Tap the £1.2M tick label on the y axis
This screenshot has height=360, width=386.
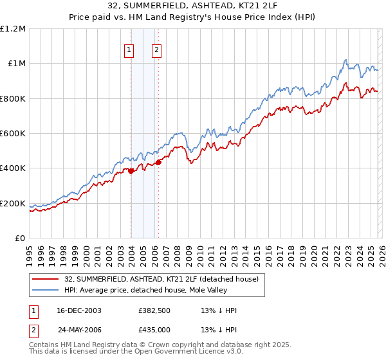13,28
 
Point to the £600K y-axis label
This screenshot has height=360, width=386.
13,134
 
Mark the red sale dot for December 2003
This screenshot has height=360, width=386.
131,171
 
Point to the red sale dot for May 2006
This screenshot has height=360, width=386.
158,162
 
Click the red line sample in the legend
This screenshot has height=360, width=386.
46,279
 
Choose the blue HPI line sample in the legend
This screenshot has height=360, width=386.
46,290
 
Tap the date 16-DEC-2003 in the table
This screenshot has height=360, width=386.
79,310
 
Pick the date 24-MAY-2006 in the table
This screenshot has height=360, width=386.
79,328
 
